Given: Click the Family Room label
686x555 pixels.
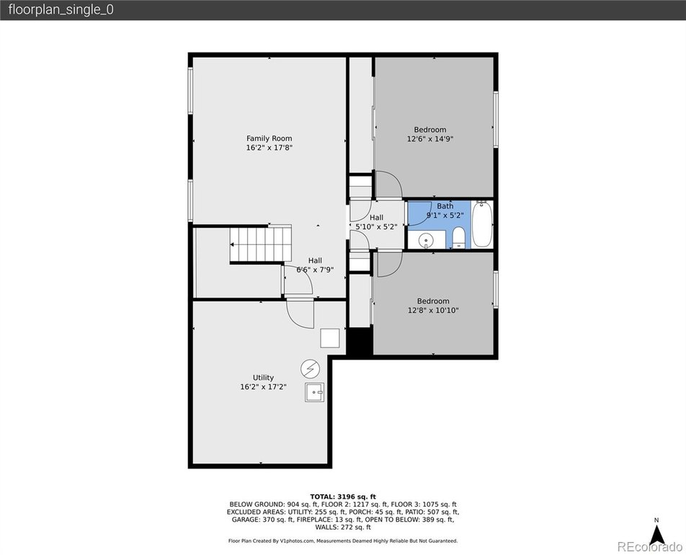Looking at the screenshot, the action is (269, 138).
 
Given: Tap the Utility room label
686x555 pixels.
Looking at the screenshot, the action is (264, 378).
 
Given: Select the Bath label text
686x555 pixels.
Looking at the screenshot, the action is (445, 205).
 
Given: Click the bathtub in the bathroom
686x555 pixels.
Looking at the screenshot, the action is (482, 224).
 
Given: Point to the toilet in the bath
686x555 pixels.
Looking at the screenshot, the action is (458, 238).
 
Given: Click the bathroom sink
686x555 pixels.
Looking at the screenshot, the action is (425, 240).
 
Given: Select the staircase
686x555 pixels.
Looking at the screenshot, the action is (261, 244).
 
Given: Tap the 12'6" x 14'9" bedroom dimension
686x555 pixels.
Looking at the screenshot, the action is (430, 139).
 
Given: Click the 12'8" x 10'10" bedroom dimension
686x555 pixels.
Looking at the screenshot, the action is (433, 311).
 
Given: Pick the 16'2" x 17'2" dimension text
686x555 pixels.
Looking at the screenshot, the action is (264, 387).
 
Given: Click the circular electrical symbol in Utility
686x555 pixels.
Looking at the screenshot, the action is (310, 369).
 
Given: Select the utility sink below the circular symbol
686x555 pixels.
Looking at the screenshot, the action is (315, 392).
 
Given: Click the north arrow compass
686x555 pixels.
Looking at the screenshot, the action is (656, 533).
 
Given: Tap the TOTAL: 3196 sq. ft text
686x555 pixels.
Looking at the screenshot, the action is (343, 497).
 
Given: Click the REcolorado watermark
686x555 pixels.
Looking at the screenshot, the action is (649, 546).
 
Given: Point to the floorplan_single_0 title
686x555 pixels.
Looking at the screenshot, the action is (61, 9).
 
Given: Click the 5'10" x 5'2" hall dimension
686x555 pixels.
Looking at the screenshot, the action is (376, 227).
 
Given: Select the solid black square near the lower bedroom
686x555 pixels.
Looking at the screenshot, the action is (359, 341).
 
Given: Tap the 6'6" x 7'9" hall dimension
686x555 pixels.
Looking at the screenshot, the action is (315, 270).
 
